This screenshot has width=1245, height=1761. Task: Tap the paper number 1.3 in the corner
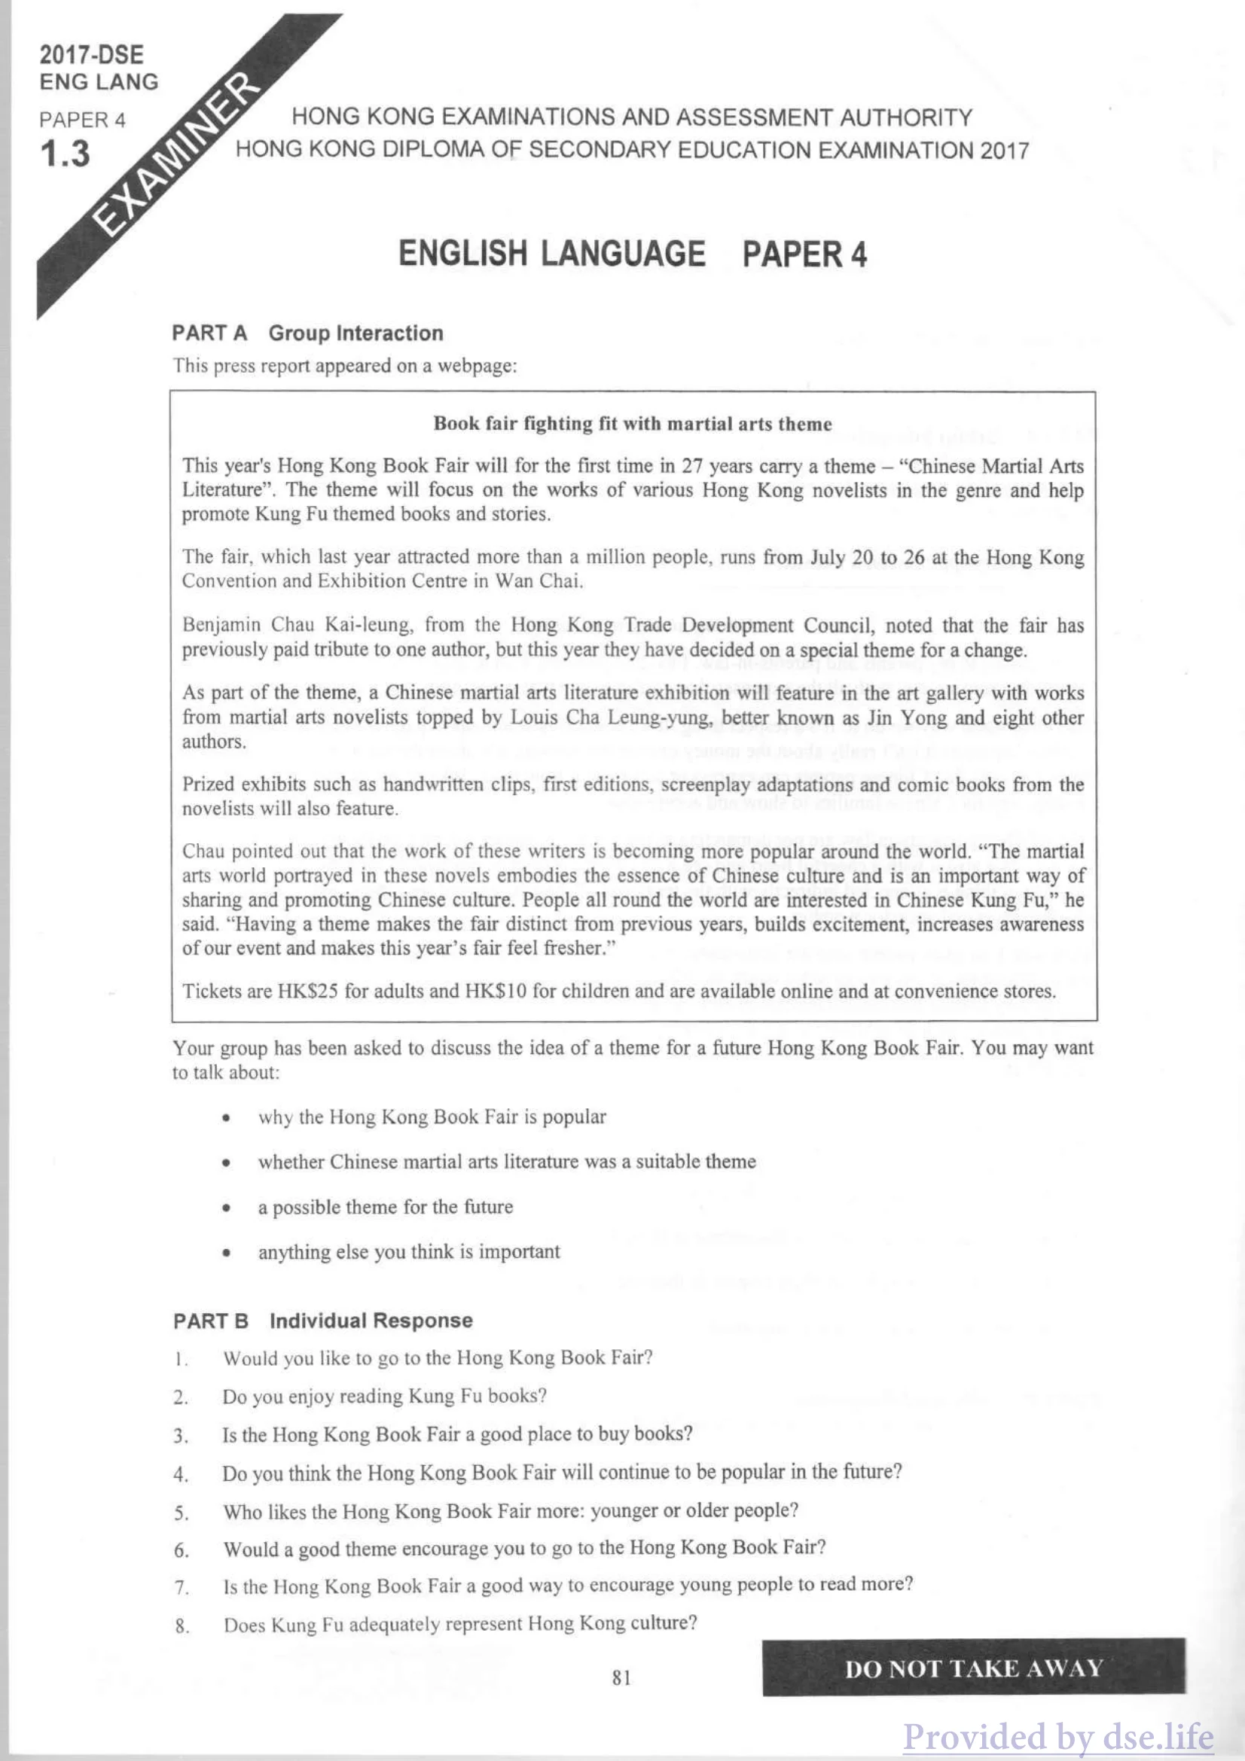click(x=66, y=154)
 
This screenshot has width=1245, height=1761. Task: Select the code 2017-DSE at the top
click(x=91, y=54)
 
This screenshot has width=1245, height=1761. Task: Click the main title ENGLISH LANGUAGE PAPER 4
click(x=632, y=254)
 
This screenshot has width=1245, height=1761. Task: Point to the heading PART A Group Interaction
click(x=307, y=333)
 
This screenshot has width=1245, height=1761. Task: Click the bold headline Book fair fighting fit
click(x=632, y=423)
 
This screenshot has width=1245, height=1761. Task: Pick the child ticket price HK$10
click(x=495, y=991)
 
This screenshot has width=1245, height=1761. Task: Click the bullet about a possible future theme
click(x=385, y=1206)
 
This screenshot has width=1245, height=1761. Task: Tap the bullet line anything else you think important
click(x=409, y=1252)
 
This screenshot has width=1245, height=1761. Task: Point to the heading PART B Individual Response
click(x=323, y=1321)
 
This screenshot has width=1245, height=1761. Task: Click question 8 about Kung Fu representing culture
click(x=459, y=1624)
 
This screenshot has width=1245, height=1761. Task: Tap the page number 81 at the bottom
click(x=622, y=1677)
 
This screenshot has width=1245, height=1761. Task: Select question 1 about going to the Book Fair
click(x=438, y=1357)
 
